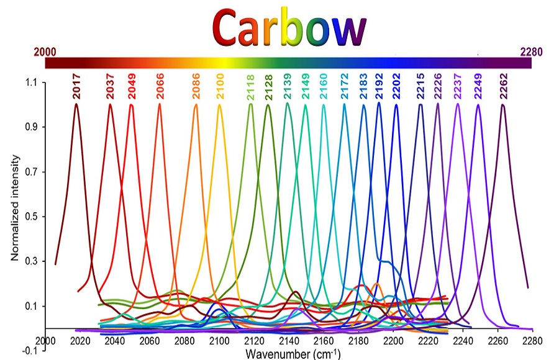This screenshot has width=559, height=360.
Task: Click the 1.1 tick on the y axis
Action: [31, 83]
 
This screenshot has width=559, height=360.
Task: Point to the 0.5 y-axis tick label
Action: [31, 217]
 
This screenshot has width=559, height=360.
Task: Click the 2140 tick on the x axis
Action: [288, 340]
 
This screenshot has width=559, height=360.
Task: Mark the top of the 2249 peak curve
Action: [478, 105]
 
